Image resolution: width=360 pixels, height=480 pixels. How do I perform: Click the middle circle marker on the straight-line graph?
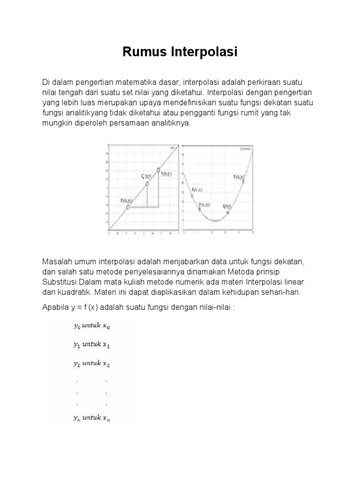[147, 184]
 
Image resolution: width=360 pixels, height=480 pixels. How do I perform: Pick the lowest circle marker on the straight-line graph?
[127, 206]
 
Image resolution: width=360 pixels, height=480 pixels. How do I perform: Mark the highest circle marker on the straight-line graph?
[158, 170]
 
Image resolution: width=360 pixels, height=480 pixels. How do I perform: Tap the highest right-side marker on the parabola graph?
[243, 181]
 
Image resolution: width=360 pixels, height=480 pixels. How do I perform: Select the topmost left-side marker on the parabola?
[191, 195]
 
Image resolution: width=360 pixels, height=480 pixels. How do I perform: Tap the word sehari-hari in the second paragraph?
[282, 292]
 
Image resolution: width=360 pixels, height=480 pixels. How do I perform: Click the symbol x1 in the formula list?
[106, 345]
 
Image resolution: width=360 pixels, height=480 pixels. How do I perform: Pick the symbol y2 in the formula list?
[76, 363]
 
